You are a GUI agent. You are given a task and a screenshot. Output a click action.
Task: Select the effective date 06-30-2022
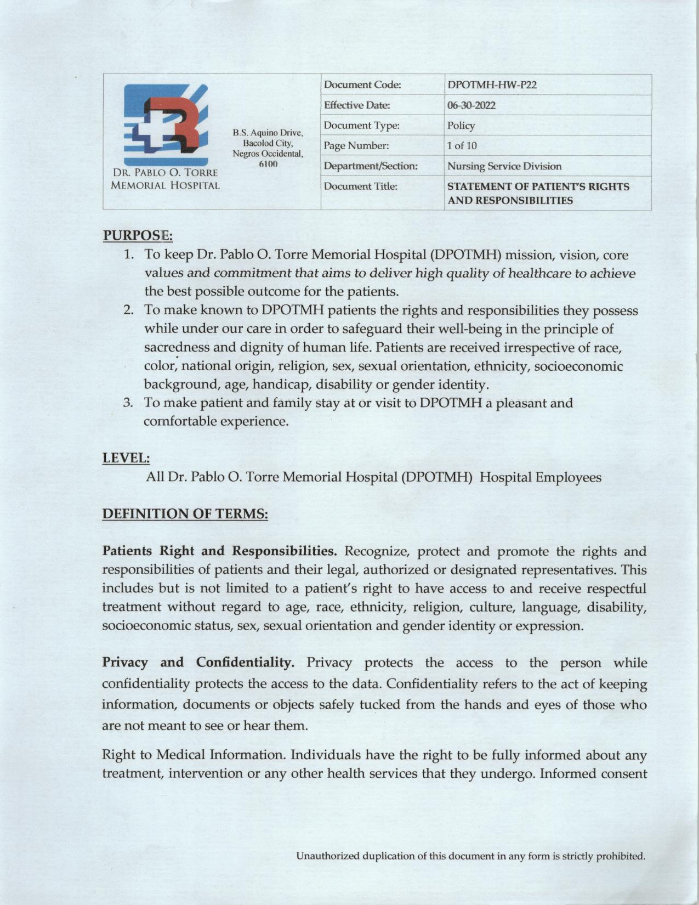coord(471,105)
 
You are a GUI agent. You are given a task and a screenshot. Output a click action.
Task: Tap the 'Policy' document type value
coord(461,126)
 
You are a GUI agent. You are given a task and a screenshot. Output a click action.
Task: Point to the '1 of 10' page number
coord(462,146)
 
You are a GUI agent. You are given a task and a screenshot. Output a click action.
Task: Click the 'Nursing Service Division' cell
coord(504,166)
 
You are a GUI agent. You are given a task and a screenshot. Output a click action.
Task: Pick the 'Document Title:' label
coord(360,186)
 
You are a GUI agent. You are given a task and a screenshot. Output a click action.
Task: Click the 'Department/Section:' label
coord(371,166)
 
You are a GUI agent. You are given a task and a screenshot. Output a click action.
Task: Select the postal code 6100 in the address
coord(268,164)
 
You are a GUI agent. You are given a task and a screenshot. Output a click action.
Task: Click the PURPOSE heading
coord(138,236)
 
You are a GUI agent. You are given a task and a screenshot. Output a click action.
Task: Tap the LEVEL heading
coord(126,457)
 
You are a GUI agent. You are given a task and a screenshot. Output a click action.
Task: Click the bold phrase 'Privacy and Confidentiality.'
coord(198,663)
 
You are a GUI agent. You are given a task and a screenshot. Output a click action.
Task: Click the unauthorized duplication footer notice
coord(470,856)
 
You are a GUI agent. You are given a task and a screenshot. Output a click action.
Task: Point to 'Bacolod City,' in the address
coord(268,143)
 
